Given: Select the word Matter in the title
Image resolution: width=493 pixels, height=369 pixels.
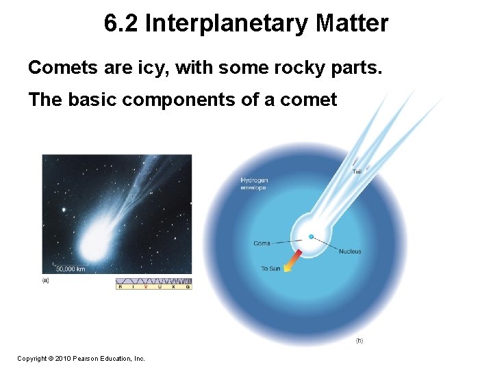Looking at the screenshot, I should (x=352, y=24).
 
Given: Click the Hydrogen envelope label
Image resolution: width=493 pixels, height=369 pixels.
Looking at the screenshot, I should (x=254, y=183).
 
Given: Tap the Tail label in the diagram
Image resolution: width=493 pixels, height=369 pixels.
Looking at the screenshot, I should (x=357, y=172).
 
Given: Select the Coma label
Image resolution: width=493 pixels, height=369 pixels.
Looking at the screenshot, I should (x=262, y=243).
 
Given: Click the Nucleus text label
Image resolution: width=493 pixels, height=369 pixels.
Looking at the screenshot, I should (x=350, y=251).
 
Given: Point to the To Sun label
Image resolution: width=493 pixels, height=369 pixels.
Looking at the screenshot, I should (x=270, y=269).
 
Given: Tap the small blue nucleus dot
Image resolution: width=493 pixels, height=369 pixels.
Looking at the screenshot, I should (x=311, y=236).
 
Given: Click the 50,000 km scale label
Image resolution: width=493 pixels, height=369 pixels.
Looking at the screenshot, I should (x=71, y=269).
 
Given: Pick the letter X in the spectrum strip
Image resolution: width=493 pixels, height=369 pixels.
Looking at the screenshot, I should (x=174, y=287).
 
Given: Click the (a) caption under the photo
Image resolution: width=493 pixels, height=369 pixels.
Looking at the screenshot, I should (x=45, y=280).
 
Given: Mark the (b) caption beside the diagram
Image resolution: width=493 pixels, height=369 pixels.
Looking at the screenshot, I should (x=359, y=340).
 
